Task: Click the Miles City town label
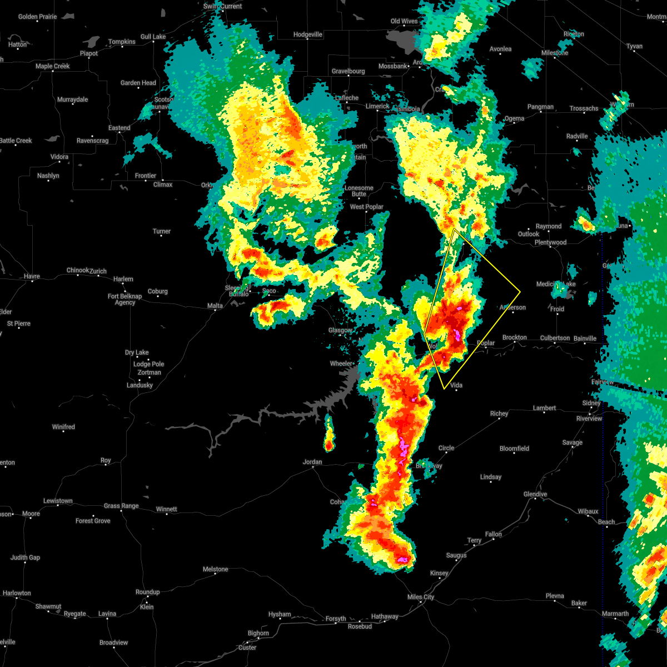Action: point(421,597)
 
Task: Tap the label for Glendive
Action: point(535,494)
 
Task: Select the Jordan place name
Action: point(312,462)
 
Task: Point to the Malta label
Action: point(215,306)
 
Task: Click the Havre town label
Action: point(32,276)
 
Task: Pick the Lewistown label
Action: point(58,501)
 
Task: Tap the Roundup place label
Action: point(147,592)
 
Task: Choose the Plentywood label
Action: point(550,242)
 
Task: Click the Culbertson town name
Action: point(555,338)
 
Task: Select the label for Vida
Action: point(456,385)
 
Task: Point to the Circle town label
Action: point(446,448)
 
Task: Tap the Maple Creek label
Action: point(53,66)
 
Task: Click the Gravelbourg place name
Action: point(349,71)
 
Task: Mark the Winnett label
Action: point(166,509)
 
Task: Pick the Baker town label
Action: point(579,603)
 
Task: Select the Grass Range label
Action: point(121,506)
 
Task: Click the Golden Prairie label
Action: point(37,17)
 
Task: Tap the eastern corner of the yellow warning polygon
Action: point(520,291)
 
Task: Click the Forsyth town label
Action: point(336,619)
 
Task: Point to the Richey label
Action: point(499,414)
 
